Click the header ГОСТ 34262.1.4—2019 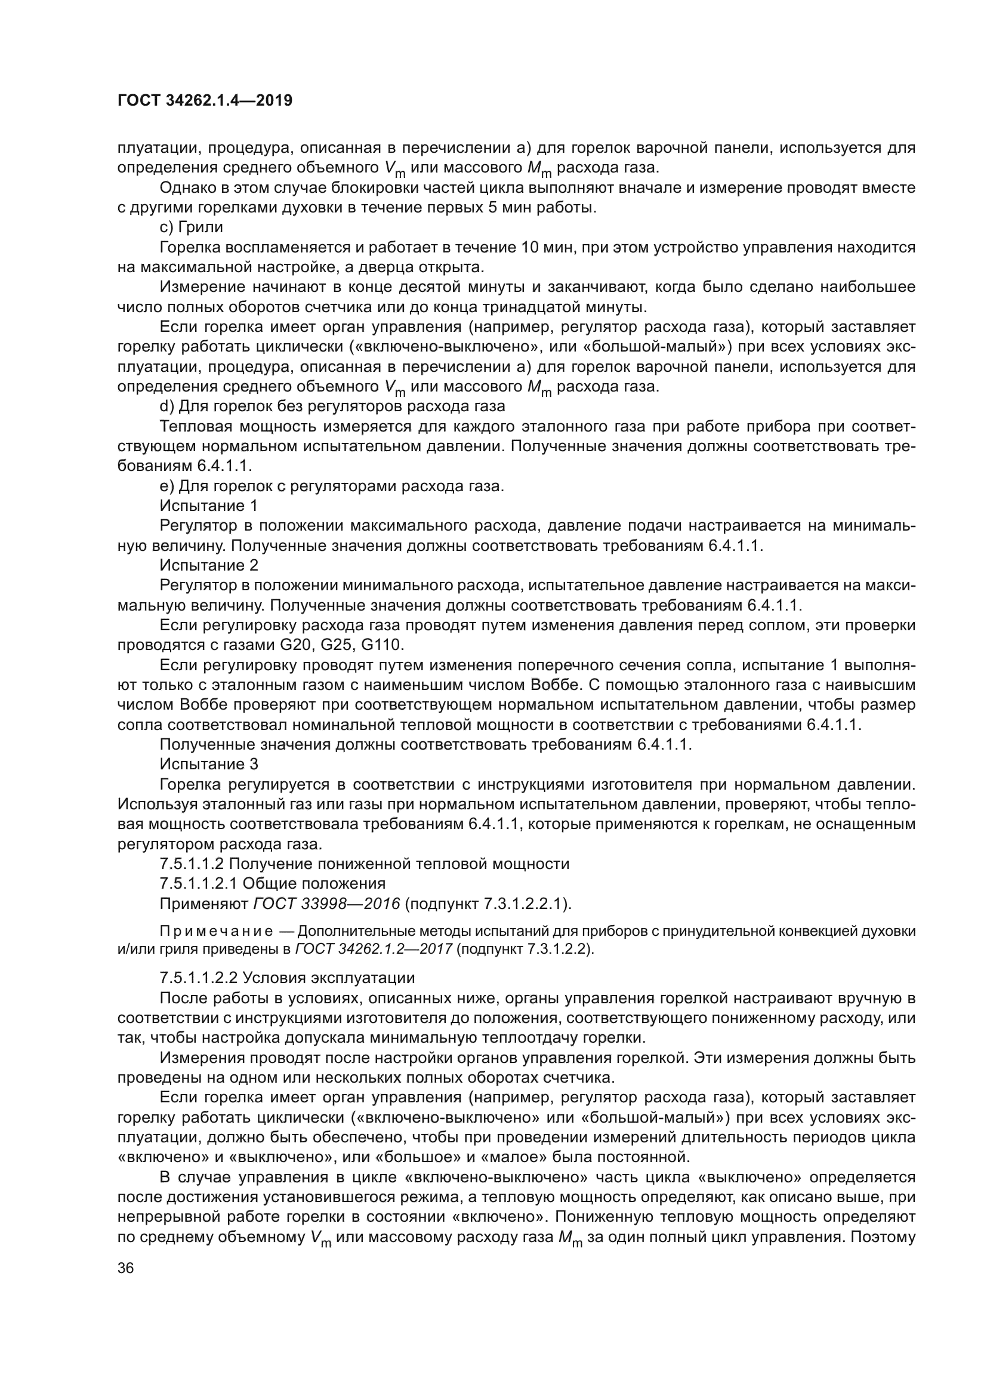(205, 100)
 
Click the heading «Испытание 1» (209, 506)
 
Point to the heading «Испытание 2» (209, 565)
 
